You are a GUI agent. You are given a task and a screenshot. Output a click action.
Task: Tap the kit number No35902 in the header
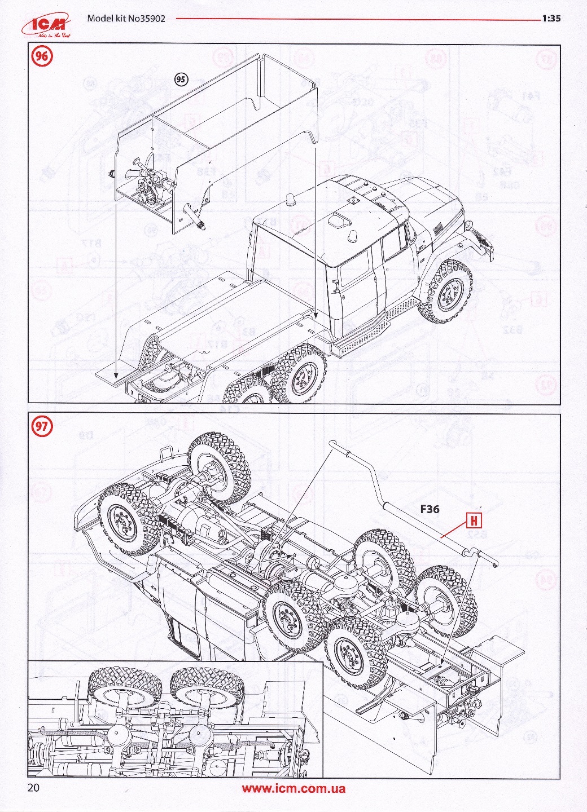pos(126,18)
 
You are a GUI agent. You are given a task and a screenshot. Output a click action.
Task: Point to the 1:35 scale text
pos(551,18)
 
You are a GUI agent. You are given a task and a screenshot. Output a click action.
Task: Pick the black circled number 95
pos(181,80)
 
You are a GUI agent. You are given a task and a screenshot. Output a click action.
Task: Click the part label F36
pos(430,509)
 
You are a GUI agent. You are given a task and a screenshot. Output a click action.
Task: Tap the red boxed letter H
pos(474,521)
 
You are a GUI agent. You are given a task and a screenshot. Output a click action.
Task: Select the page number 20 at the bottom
pos(33,788)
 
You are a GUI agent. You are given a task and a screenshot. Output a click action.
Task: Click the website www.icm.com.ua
pos(293,789)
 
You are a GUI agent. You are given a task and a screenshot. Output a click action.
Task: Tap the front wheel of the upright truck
pos(449,292)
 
